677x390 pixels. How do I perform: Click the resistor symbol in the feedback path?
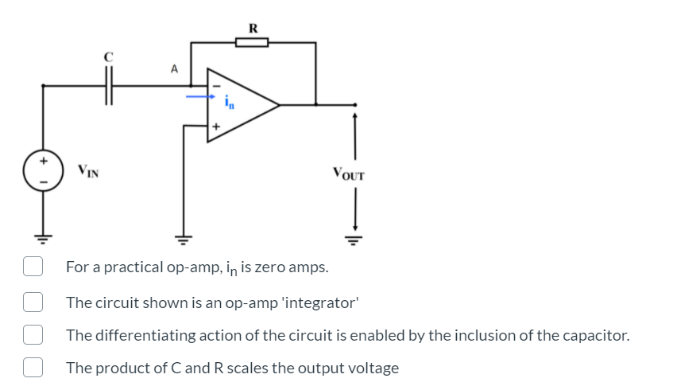pos(253,43)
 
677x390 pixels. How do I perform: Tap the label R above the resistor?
pos(253,28)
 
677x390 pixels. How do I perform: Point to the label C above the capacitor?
pos(110,57)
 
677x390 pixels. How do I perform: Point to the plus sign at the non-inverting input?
pos(215,125)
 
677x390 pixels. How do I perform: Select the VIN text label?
pos(88,170)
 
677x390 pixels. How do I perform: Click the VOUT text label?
pos(348,173)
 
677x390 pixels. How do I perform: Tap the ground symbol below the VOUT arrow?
pos(354,238)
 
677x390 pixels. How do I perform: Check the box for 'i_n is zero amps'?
pos(32,267)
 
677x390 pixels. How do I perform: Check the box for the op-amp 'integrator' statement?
pos(32,301)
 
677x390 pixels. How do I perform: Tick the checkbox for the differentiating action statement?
pos(32,334)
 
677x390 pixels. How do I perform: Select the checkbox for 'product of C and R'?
pos(32,368)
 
